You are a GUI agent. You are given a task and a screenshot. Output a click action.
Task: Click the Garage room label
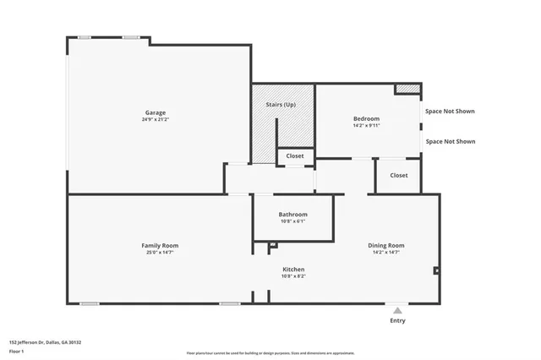tap(155, 112)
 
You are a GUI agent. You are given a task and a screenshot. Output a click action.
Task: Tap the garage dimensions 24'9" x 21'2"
tap(155, 120)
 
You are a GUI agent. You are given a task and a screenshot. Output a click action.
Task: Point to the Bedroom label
tap(366, 118)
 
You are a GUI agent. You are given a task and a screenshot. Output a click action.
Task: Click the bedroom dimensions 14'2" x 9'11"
tap(366, 126)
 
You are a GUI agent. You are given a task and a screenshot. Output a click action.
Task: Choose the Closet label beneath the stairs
tap(295, 156)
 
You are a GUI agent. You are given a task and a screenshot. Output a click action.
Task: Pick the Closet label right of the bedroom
tap(399, 175)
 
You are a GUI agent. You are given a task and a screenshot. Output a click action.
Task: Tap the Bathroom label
tap(292, 214)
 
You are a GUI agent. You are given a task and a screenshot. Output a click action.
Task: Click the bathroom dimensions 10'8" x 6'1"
tap(292, 221)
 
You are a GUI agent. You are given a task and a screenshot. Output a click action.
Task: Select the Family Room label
tap(160, 245)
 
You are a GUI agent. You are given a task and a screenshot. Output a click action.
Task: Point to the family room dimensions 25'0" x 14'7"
tap(160, 253)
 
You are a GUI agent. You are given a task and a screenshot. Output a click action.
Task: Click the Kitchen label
tap(293, 269)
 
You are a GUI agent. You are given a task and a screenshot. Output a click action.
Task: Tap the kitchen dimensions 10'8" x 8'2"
tap(293, 276)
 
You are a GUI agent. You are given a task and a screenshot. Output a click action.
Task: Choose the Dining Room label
tap(385, 245)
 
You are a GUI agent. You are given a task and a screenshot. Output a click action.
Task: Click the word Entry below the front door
tap(397, 320)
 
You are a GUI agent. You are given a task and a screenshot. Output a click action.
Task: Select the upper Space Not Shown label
tap(450, 111)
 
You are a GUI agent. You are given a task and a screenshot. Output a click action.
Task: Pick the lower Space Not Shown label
tap(450, 142)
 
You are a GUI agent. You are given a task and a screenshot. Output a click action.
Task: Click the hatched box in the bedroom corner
tap(407, 88)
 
